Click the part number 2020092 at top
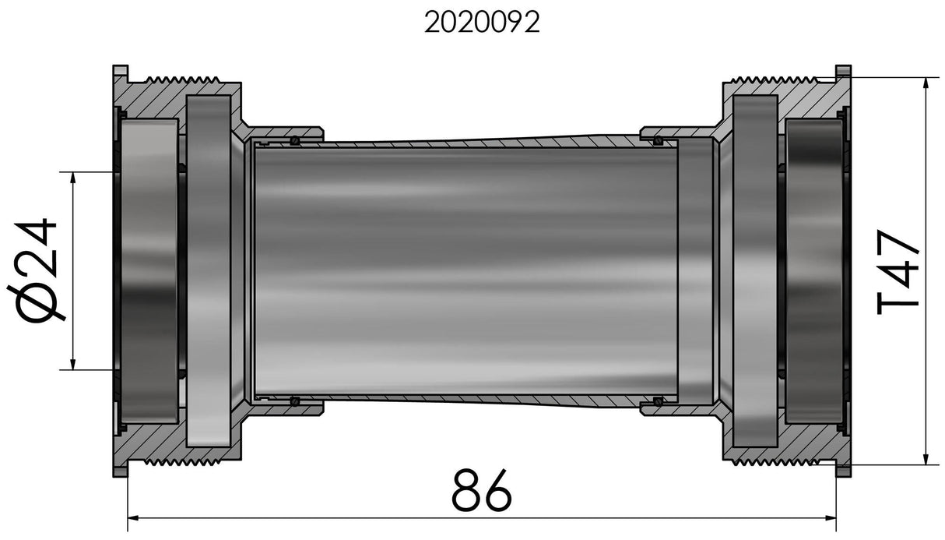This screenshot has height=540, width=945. (482, 23)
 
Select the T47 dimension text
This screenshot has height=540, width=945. (899, 271)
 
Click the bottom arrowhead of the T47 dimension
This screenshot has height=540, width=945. (926, 458)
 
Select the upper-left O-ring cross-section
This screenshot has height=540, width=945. (295, 141)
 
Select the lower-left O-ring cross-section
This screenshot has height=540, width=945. (295, 401)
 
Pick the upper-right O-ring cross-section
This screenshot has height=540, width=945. (658, 141)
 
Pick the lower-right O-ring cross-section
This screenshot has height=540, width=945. (658, 401)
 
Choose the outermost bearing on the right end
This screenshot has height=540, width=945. (813, 271)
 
